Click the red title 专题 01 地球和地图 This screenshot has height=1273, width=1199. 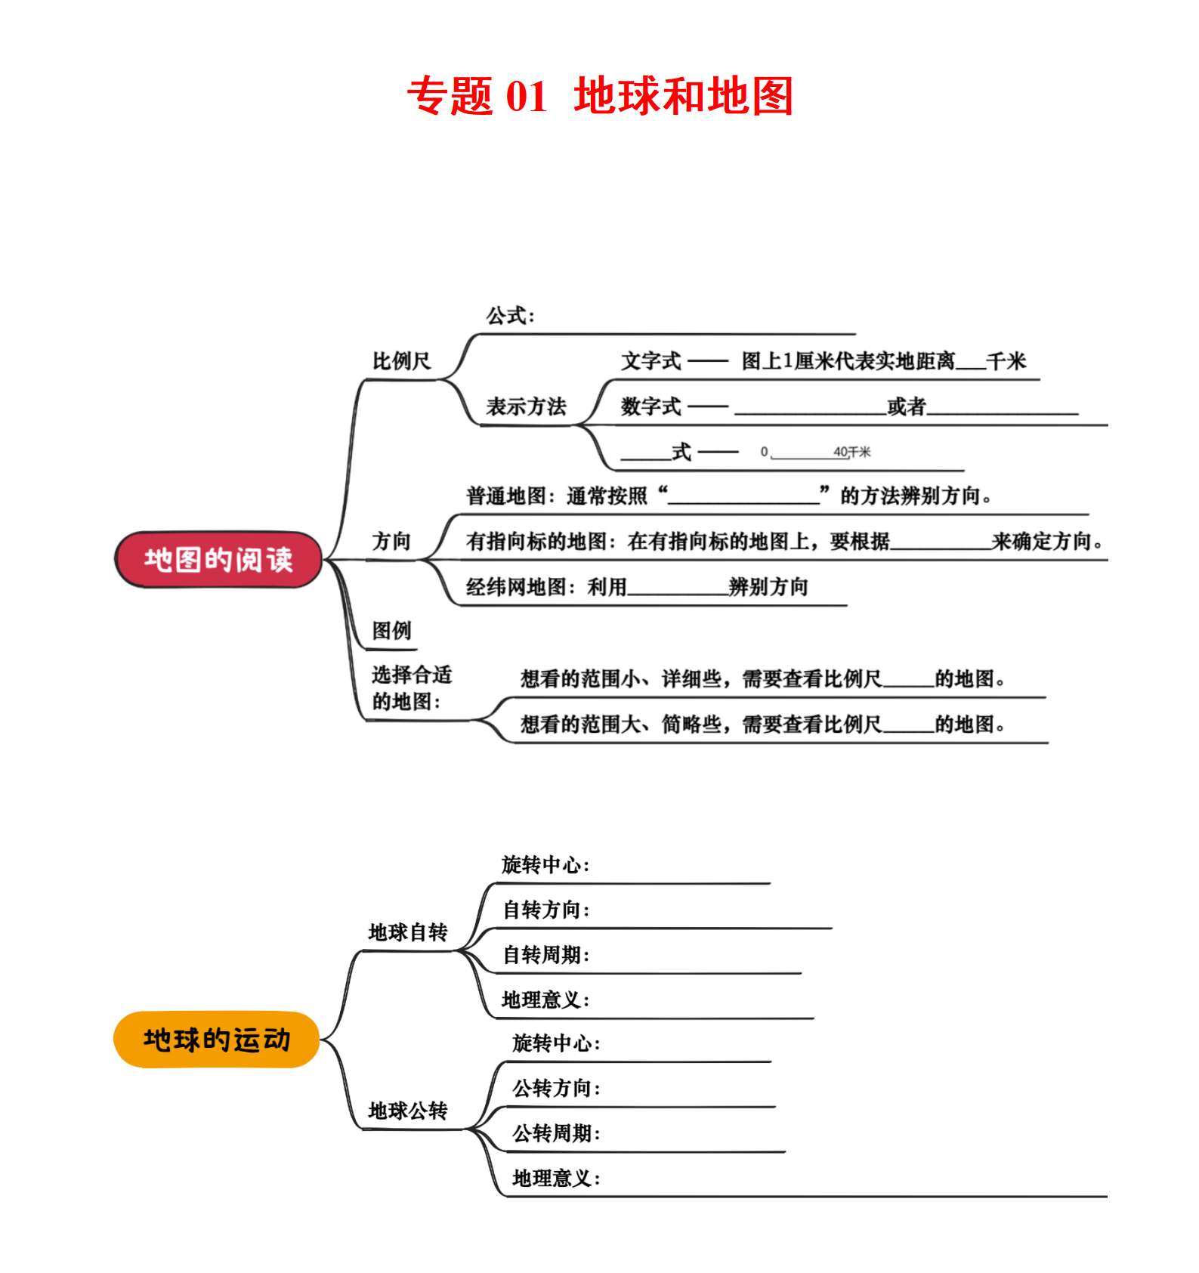600,96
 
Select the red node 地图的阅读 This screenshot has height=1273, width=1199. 218,560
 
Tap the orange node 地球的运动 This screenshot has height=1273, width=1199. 217,1040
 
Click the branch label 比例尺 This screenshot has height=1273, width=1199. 401,361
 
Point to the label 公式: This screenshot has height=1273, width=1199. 510,316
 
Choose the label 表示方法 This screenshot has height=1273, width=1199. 526,406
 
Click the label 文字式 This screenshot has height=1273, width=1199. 650,361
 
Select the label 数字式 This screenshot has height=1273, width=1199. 650,406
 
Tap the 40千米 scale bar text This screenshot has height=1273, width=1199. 851,452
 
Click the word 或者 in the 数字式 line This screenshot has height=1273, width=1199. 907,406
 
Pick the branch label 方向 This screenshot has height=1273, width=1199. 391,541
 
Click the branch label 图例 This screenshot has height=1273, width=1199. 391,630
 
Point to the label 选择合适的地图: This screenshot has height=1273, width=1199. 411,688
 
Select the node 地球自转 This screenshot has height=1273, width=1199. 408,932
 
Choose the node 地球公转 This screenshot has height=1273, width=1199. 408,1111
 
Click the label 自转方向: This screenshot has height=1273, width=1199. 546,910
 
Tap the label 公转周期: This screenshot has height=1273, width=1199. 556,1133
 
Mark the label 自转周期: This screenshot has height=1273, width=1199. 546,955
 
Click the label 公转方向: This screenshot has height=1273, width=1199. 556,1088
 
